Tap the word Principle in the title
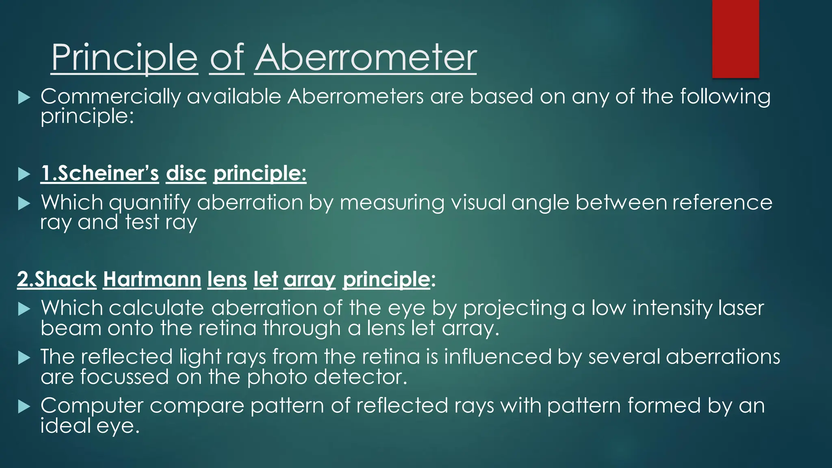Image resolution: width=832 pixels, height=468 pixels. pos(124,59)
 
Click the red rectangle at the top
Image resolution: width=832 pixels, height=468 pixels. pos(735,39)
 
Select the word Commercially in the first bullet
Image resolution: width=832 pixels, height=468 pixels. pos(110,97)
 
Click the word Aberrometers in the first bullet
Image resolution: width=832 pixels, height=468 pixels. pos(355,97)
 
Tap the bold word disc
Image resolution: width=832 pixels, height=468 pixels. pos(186,173)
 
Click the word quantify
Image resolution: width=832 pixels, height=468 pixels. pos(149,203)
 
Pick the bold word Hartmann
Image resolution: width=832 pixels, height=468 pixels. pos(152,279)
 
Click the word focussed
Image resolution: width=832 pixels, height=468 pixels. pos(124,377)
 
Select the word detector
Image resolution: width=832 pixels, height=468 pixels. pos(360,377)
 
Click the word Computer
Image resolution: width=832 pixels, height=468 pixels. pos(92,406)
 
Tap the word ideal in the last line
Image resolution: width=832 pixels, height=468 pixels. pos(65,425)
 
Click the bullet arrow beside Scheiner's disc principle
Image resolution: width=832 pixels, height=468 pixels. pos(24,175)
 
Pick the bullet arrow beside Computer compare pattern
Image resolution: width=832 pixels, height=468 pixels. pos(24,407)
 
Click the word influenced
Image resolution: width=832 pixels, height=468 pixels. pos(498,357)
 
